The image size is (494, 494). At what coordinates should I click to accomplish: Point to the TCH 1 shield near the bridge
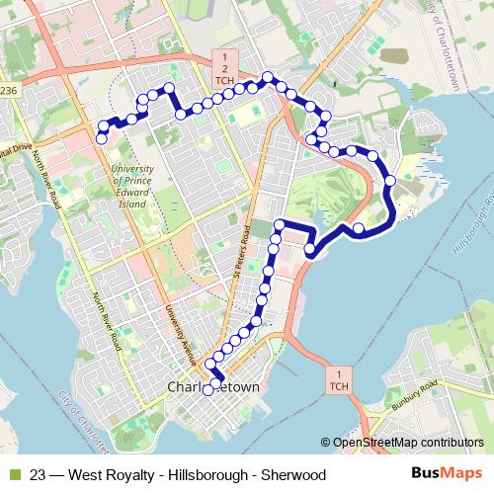tap(338, 379)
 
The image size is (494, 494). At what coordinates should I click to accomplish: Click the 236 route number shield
tap(8, 90)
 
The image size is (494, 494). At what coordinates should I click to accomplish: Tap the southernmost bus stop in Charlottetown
tap(207, 390)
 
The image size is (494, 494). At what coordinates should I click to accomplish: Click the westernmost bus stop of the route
tap(101, 139)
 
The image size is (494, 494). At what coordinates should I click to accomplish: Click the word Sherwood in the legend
tap(292, 474)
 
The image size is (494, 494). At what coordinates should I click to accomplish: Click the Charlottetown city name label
tap(214, 387)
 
